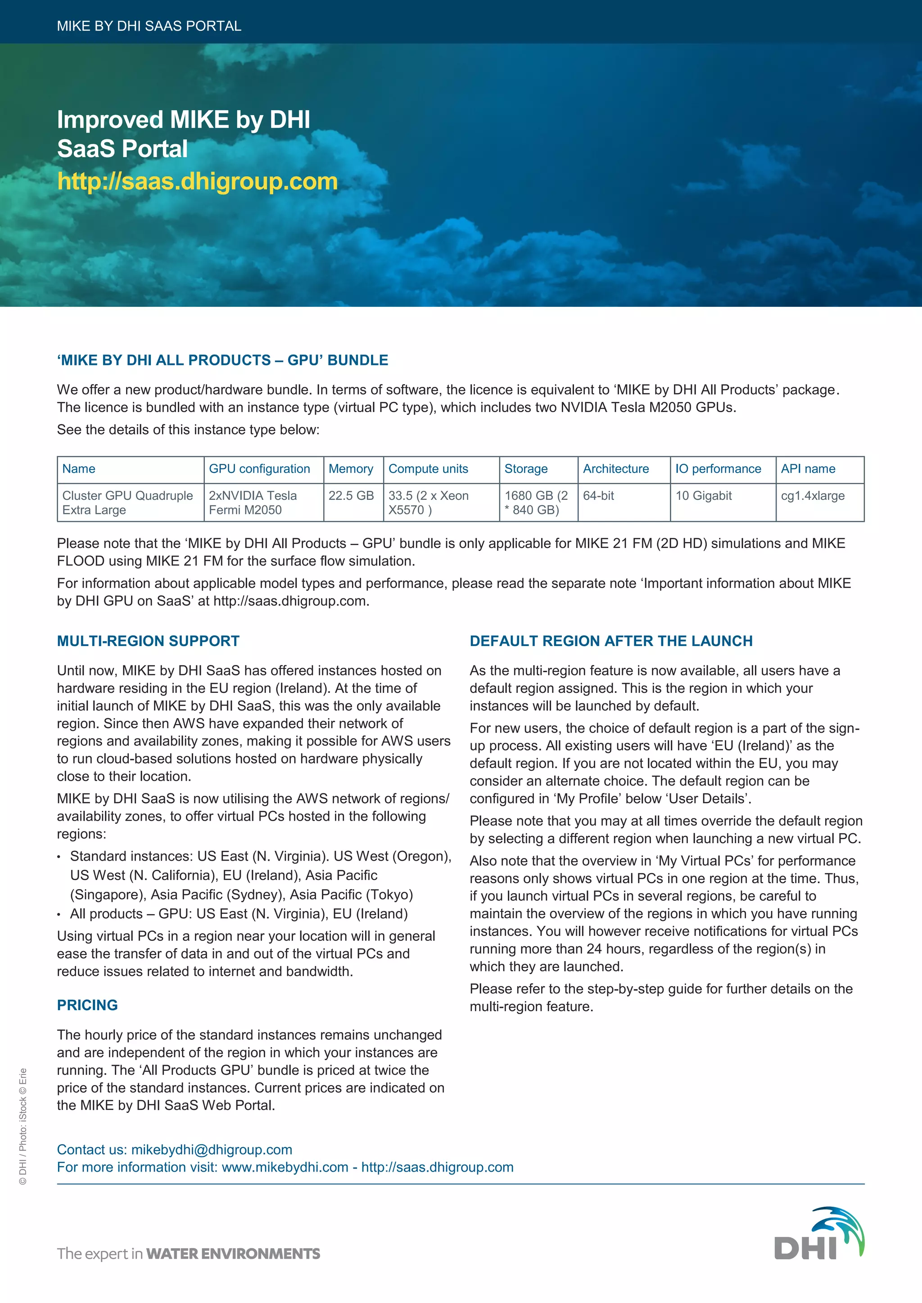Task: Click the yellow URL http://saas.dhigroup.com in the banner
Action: (x=197, y=182)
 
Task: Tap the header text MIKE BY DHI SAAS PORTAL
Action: (x=149, y=26)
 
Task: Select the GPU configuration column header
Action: (x=259, y=469)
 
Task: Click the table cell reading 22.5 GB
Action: (x=351, y=495)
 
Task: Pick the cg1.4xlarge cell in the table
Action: (x=813, y=495)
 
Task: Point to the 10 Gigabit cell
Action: (x=703, y=495)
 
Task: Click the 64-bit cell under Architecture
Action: (x=598, y=495)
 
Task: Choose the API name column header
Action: (x=808, y=469)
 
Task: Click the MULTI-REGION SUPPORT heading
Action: (x=148, y=641)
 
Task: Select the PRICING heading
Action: (x=87, y=1005)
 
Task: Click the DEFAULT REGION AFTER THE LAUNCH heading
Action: (x=611, y=641)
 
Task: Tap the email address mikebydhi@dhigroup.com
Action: (x=212, y=1149)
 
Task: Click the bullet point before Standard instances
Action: (x=59, y=857)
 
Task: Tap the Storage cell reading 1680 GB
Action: (x=536, y=502)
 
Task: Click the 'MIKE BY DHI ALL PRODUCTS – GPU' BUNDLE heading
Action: (x=222, y=360)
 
